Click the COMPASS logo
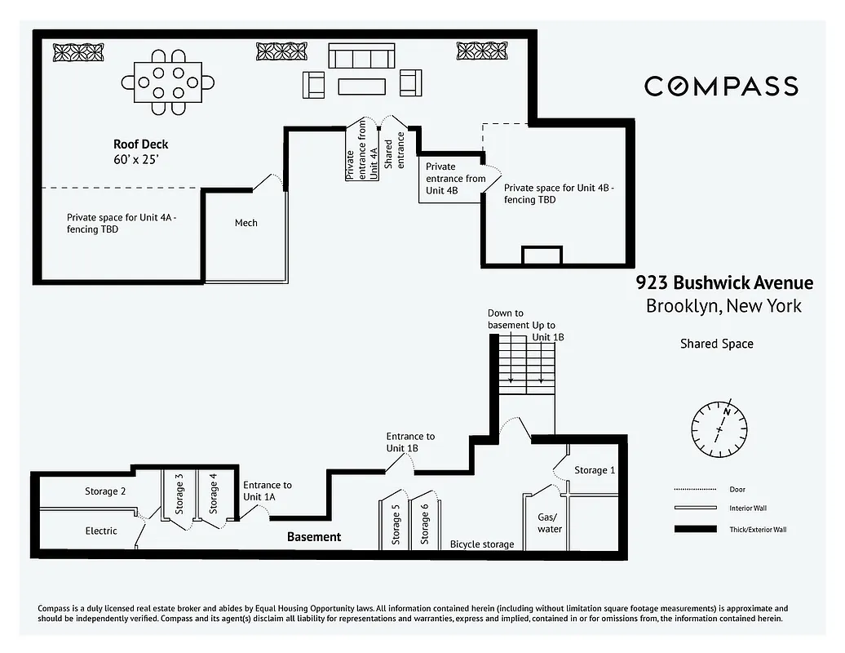721,86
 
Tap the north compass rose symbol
719,427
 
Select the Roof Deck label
140,144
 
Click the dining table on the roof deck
169,82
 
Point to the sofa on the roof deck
361,56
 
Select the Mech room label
246,223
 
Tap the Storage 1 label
595,470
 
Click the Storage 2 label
105,491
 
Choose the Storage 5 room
396,523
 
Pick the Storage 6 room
425,523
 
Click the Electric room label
101,531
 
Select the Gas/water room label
549,522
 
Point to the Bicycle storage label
482,544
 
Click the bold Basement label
314,536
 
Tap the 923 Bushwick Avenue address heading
724,283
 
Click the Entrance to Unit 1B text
410,442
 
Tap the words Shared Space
716,344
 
